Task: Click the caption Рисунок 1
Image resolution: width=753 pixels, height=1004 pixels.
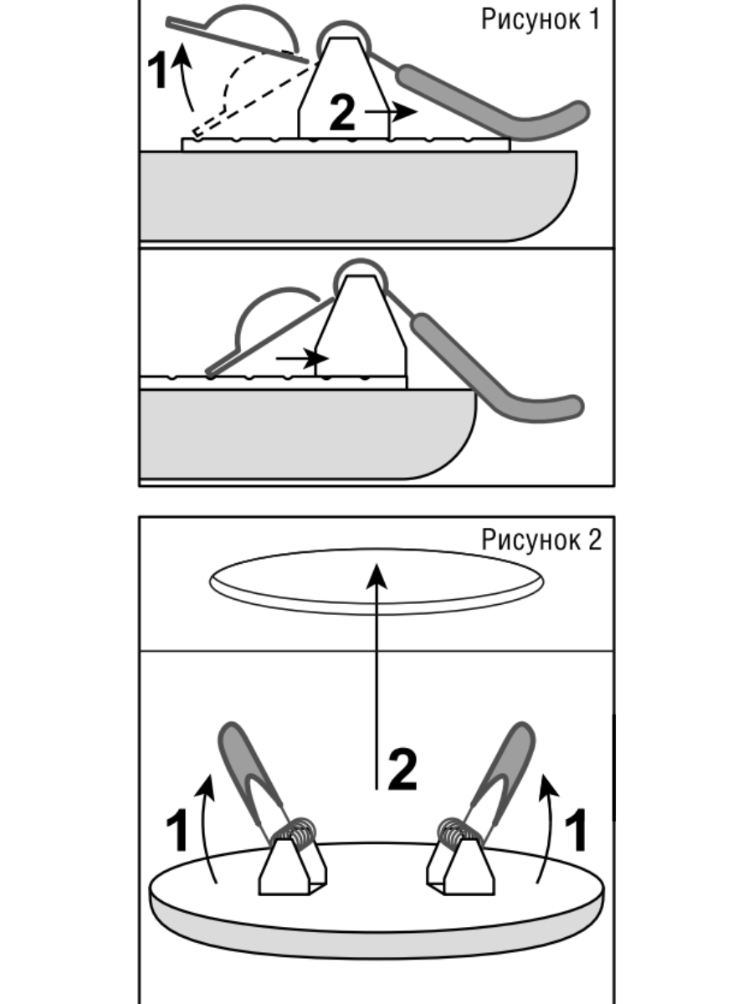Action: (x=540, y=20)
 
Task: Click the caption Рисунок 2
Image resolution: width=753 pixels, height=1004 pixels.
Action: (x=541, y=540)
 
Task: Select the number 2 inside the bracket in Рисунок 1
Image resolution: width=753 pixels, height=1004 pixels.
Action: (x=342, y=112)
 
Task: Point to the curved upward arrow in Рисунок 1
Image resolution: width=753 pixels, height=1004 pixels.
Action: (x=184, y=77)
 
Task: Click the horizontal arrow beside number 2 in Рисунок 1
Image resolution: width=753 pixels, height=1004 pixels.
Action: (x=392, y=111)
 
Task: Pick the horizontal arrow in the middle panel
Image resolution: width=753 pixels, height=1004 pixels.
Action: (x=303, y=358)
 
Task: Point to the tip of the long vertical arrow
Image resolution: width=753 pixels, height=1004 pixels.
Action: (x=376, y=564)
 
